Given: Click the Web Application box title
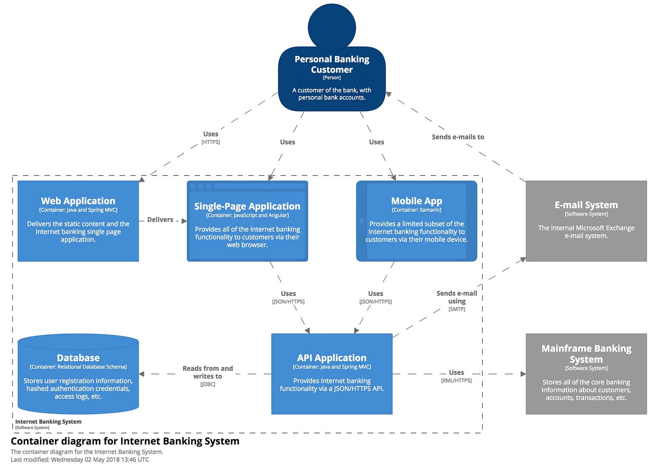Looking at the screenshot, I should tap(78, 201).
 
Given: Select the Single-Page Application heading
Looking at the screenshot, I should tap(247, 206).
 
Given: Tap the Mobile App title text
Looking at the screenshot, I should tap(417, 201).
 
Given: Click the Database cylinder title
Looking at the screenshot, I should tap(78, 358).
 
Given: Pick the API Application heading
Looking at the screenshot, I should tap(332, 358).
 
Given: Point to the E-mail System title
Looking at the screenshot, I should tap(586, 205).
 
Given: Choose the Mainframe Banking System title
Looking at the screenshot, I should tap(586, 354).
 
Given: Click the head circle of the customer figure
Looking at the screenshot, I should tap(332, 26).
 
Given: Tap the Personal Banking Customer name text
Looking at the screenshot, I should tap(332, 64).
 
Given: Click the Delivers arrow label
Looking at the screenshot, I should tap(160, 220).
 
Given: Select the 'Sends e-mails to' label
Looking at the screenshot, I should tap(458, 137).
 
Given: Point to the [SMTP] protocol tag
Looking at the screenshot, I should tap(456, 309).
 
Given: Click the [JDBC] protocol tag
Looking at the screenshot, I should tap(208, 384).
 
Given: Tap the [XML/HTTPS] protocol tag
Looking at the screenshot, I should tap(456, 381).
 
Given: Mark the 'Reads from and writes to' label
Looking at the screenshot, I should tap(208, 372).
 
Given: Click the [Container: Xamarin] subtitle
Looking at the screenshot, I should tap(417, 210).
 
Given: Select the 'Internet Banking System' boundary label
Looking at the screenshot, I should tap(48, 421).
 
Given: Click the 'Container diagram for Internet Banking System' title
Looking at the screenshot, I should tap(125, 441).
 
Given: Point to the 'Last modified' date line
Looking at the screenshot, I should tap(80, 459).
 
